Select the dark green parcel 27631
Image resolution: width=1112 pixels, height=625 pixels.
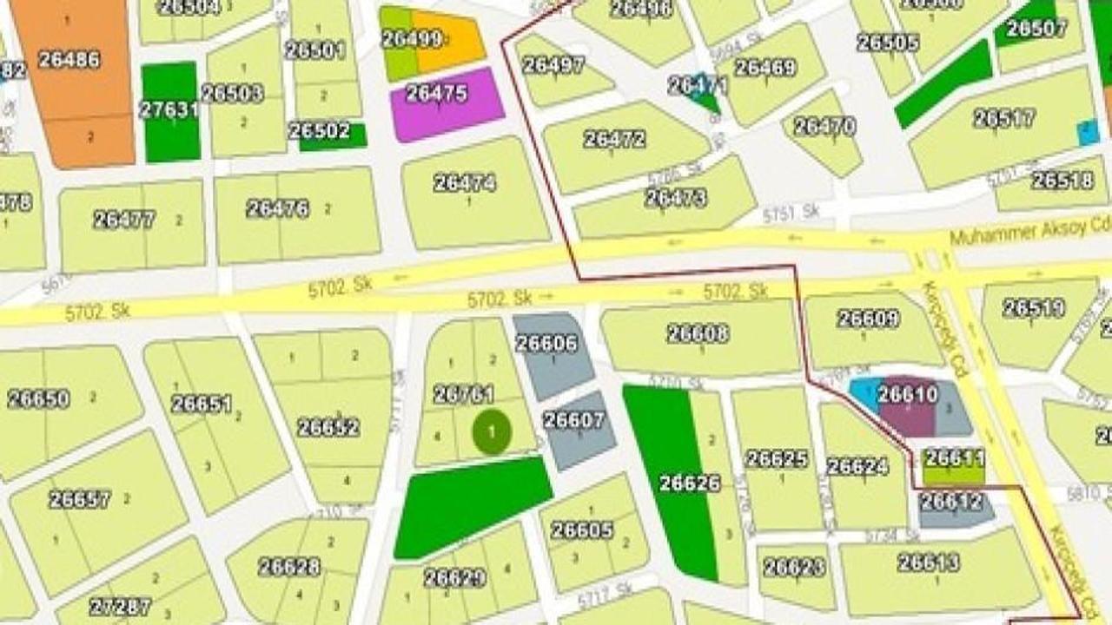(170, 111)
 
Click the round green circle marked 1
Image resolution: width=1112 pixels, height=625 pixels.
(493, 431)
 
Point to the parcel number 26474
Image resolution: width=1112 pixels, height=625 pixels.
(465, 183)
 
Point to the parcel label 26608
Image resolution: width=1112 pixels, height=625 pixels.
(698, 333)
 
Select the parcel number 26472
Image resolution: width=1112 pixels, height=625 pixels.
(614, 139)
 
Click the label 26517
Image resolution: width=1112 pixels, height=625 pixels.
(1004, 118)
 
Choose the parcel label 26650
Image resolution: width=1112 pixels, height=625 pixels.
(38, 399)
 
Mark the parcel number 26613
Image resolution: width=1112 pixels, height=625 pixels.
(929, 562)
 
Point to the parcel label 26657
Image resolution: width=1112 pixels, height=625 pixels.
(80, 499)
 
